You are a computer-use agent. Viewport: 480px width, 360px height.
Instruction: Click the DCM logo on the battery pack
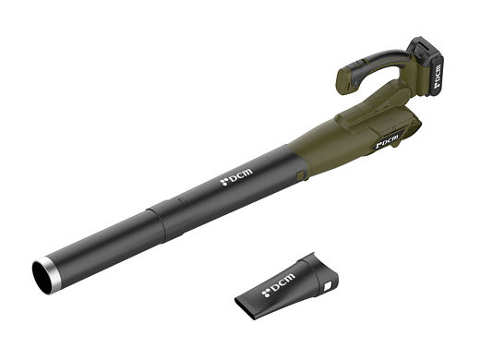point(438,76)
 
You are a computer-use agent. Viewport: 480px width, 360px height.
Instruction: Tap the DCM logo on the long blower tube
point(236,177)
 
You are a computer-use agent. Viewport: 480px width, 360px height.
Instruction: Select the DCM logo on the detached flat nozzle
point(278,285)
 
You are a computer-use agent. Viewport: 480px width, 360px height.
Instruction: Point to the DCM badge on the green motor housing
point(389,141)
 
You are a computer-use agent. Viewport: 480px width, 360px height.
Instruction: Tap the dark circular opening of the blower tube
point(41,278)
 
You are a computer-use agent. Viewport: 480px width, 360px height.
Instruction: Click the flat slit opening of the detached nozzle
point(245,308)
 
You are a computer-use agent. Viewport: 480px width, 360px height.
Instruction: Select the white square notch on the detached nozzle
point(328,286)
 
